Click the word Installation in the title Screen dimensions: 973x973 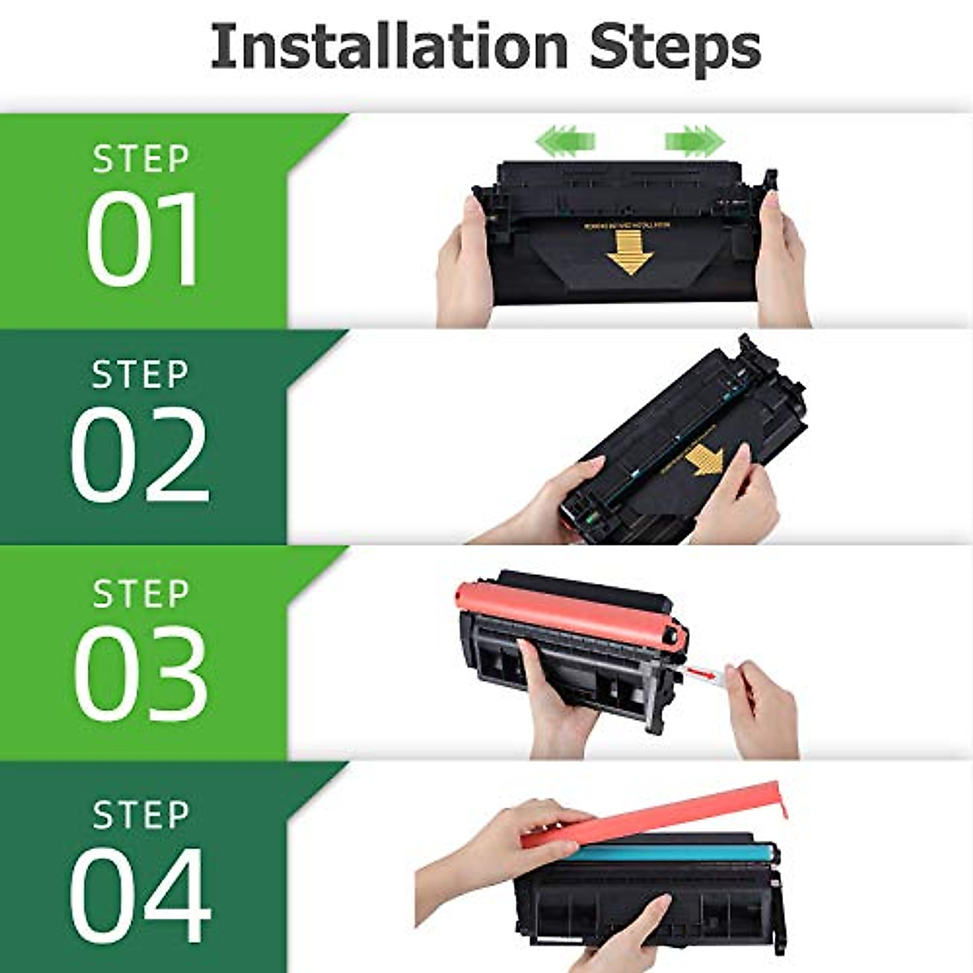(x=389, y=47)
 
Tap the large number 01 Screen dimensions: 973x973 (x=143, y=239)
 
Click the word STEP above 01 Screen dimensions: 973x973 (x=141, y=159)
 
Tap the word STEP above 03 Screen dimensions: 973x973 (x=141, y=594)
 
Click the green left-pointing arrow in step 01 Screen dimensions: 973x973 (x=565, y=140)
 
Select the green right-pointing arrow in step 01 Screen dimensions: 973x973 (x=694, y=140)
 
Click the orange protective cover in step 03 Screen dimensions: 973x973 (x=568, y=612)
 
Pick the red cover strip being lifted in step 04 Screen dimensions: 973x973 (x=649, y=819)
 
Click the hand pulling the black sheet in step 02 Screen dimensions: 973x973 (x=738, y=503)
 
